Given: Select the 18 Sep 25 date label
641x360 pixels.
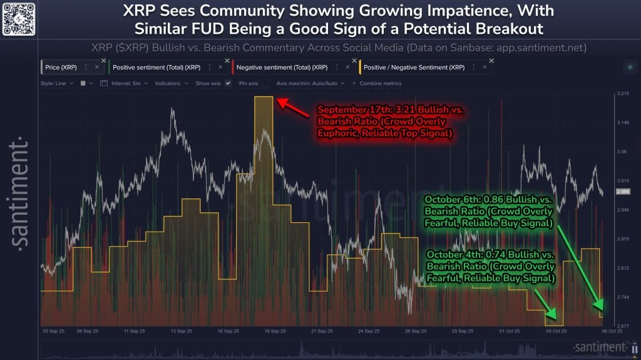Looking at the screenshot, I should pos(275,331).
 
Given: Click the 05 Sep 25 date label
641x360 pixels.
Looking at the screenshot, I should pos(53,331).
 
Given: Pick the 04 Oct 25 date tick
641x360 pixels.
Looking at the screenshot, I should pos(556,331).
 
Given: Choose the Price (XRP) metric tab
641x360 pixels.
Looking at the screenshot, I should pos(62,67).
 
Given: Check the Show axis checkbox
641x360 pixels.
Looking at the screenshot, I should pos(228,83).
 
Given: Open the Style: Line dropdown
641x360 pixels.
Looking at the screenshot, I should pos(57,83).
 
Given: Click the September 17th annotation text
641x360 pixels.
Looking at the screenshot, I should pos(391,121).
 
